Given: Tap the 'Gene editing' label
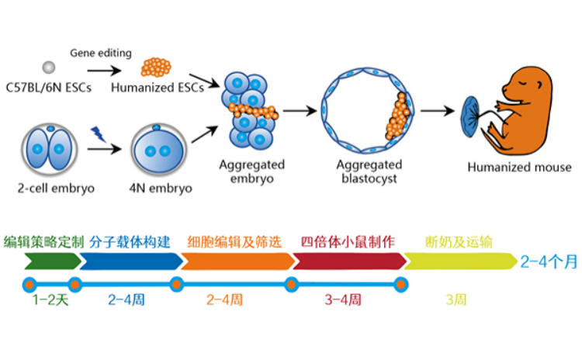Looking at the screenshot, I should point(101,53).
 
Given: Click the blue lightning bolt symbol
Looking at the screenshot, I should point(98,133).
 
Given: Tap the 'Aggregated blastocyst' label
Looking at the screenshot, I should point(369,171).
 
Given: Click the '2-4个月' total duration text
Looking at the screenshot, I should point(549,262).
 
